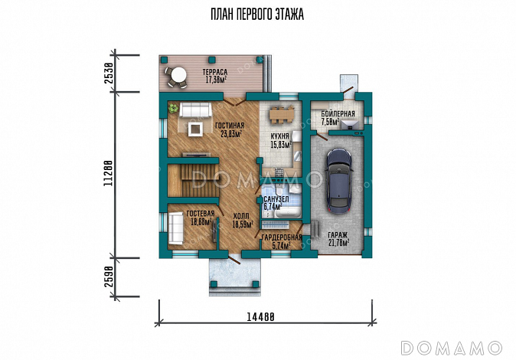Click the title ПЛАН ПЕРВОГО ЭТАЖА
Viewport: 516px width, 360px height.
(x=257, y=15)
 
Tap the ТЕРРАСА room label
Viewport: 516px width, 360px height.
(x=215, y=72)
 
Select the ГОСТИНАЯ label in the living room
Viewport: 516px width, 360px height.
(x=230, y=126)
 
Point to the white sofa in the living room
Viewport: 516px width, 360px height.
(x=195, y=110)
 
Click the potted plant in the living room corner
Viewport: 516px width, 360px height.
(x=173, y=108)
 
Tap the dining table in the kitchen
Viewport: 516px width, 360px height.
(x=282, y=115)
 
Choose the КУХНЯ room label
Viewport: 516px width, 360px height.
(x=280, y=136)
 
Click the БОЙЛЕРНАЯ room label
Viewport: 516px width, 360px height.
(x=338, y=114)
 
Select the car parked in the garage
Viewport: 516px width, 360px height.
(x=340, y=182)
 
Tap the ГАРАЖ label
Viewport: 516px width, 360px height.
(x=338, y=235)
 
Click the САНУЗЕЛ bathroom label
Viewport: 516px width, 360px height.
(x=276, y=199)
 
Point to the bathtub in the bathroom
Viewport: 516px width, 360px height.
(x=289, y=211)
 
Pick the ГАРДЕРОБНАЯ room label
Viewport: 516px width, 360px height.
(x=282, y=237)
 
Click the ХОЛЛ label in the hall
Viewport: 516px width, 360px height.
(x=241, y=217)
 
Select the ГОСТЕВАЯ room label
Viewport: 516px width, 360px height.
(x=201, y=214)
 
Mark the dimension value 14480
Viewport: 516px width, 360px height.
(x=260, y=317)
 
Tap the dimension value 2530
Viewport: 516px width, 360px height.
(x=109, y=73)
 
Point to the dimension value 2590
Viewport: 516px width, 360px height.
(x=109, y=277)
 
